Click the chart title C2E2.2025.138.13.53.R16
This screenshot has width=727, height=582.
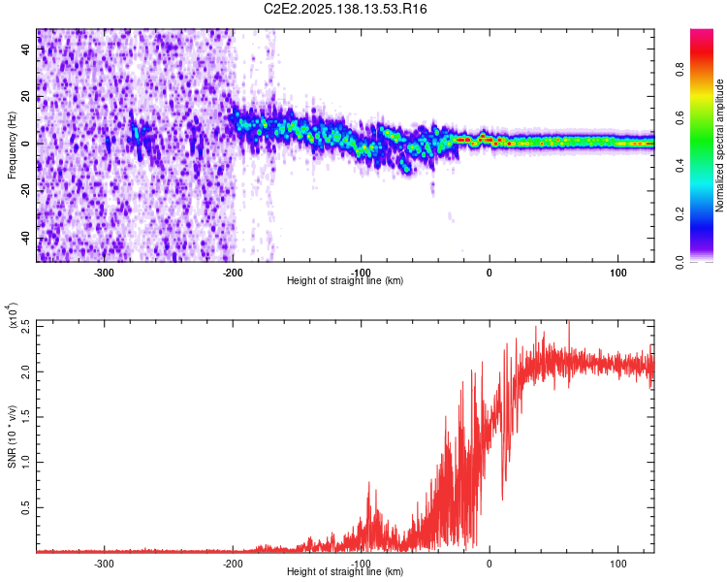(346, 9)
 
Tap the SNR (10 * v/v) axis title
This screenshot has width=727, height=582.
(13, 436)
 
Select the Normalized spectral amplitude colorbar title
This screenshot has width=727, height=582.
(720, 145)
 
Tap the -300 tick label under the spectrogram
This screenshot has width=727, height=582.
(104, 273)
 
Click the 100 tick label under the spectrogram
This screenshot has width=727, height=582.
(617, 273)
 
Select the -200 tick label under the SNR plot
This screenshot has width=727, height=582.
(233, 564)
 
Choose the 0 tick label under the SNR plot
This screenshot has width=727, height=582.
(490, 564)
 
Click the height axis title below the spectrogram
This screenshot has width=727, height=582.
(346, 280)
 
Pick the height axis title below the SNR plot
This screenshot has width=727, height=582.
(346, 571)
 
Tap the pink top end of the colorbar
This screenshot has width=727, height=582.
(702, 35)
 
